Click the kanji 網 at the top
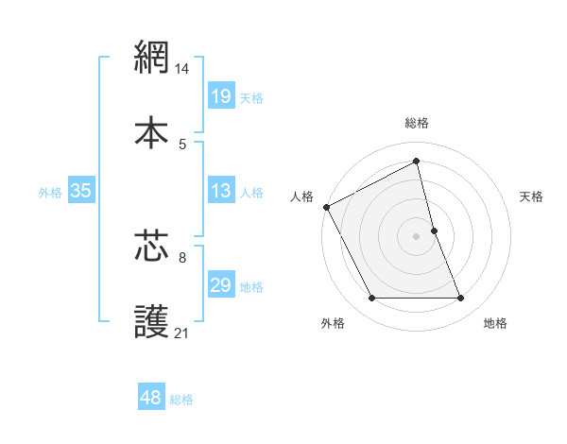click(x=151, y=59)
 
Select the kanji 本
click(x=151, y=132)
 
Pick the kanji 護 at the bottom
click(x=151, y=320)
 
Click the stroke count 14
click(x=183, y=69)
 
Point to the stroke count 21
click(x=182, y=333)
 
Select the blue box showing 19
click(x=220, y=96)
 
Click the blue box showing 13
click(x=220, y=191)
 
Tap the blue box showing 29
click(x=220, y=285)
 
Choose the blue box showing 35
click(x=80, y=191)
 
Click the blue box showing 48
click(x=151, y=398)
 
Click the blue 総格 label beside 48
click(x=181, y=400)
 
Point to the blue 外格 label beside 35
click(x=50, y=193)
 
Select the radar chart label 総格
click(x=417, y=123)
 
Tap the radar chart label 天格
click(x=532, y=196)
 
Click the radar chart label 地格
click(x=495, y=323)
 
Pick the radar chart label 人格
click(x=301, y=196)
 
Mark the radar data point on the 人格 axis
click(x=326, y=207)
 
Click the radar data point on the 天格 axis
click(x=434, y=231)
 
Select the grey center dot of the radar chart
click(x=417, y=235)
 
